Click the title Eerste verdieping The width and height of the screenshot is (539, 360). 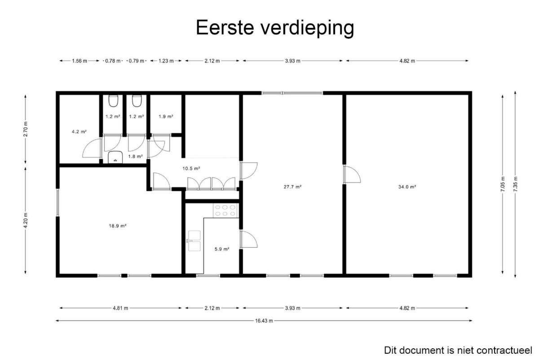click(275, 28)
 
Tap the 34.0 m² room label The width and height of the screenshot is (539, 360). click(407, 187)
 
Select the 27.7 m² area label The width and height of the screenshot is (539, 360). click(292, 187)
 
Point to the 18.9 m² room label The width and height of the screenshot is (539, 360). click(118, 226)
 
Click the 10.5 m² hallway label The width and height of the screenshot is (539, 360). click(191, 169)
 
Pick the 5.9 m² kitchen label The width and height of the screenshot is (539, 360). click(222, 249)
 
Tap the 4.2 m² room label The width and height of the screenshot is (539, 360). click(79, 132)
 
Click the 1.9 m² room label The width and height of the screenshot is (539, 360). click(166, 116)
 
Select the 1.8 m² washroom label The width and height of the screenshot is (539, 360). click(136, 156)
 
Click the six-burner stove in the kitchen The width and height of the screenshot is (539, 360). click(225, 210)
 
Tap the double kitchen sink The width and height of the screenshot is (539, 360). click(194, 241)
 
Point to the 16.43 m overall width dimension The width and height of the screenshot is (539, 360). click(264, 321)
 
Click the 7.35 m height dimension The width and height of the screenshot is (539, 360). click(515, 184)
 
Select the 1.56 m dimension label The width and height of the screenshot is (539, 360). click(80, 61)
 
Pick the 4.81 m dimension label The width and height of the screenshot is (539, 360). click(120, 308)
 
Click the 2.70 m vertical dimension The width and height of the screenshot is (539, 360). click(26, 129)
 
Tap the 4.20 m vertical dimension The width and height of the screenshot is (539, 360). click(26, 221)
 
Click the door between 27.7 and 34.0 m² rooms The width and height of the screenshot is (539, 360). click(352, 174)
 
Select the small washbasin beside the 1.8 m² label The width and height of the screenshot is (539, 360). click(115, 157)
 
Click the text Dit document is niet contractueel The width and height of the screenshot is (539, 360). click(458, 351)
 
